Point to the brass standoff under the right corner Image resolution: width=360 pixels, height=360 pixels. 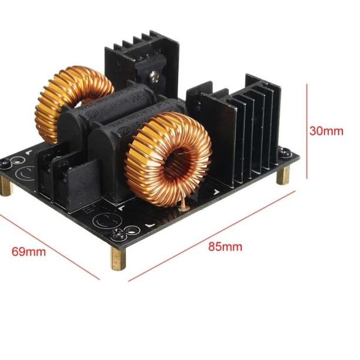pyautogui.click(x=284, y=176)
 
